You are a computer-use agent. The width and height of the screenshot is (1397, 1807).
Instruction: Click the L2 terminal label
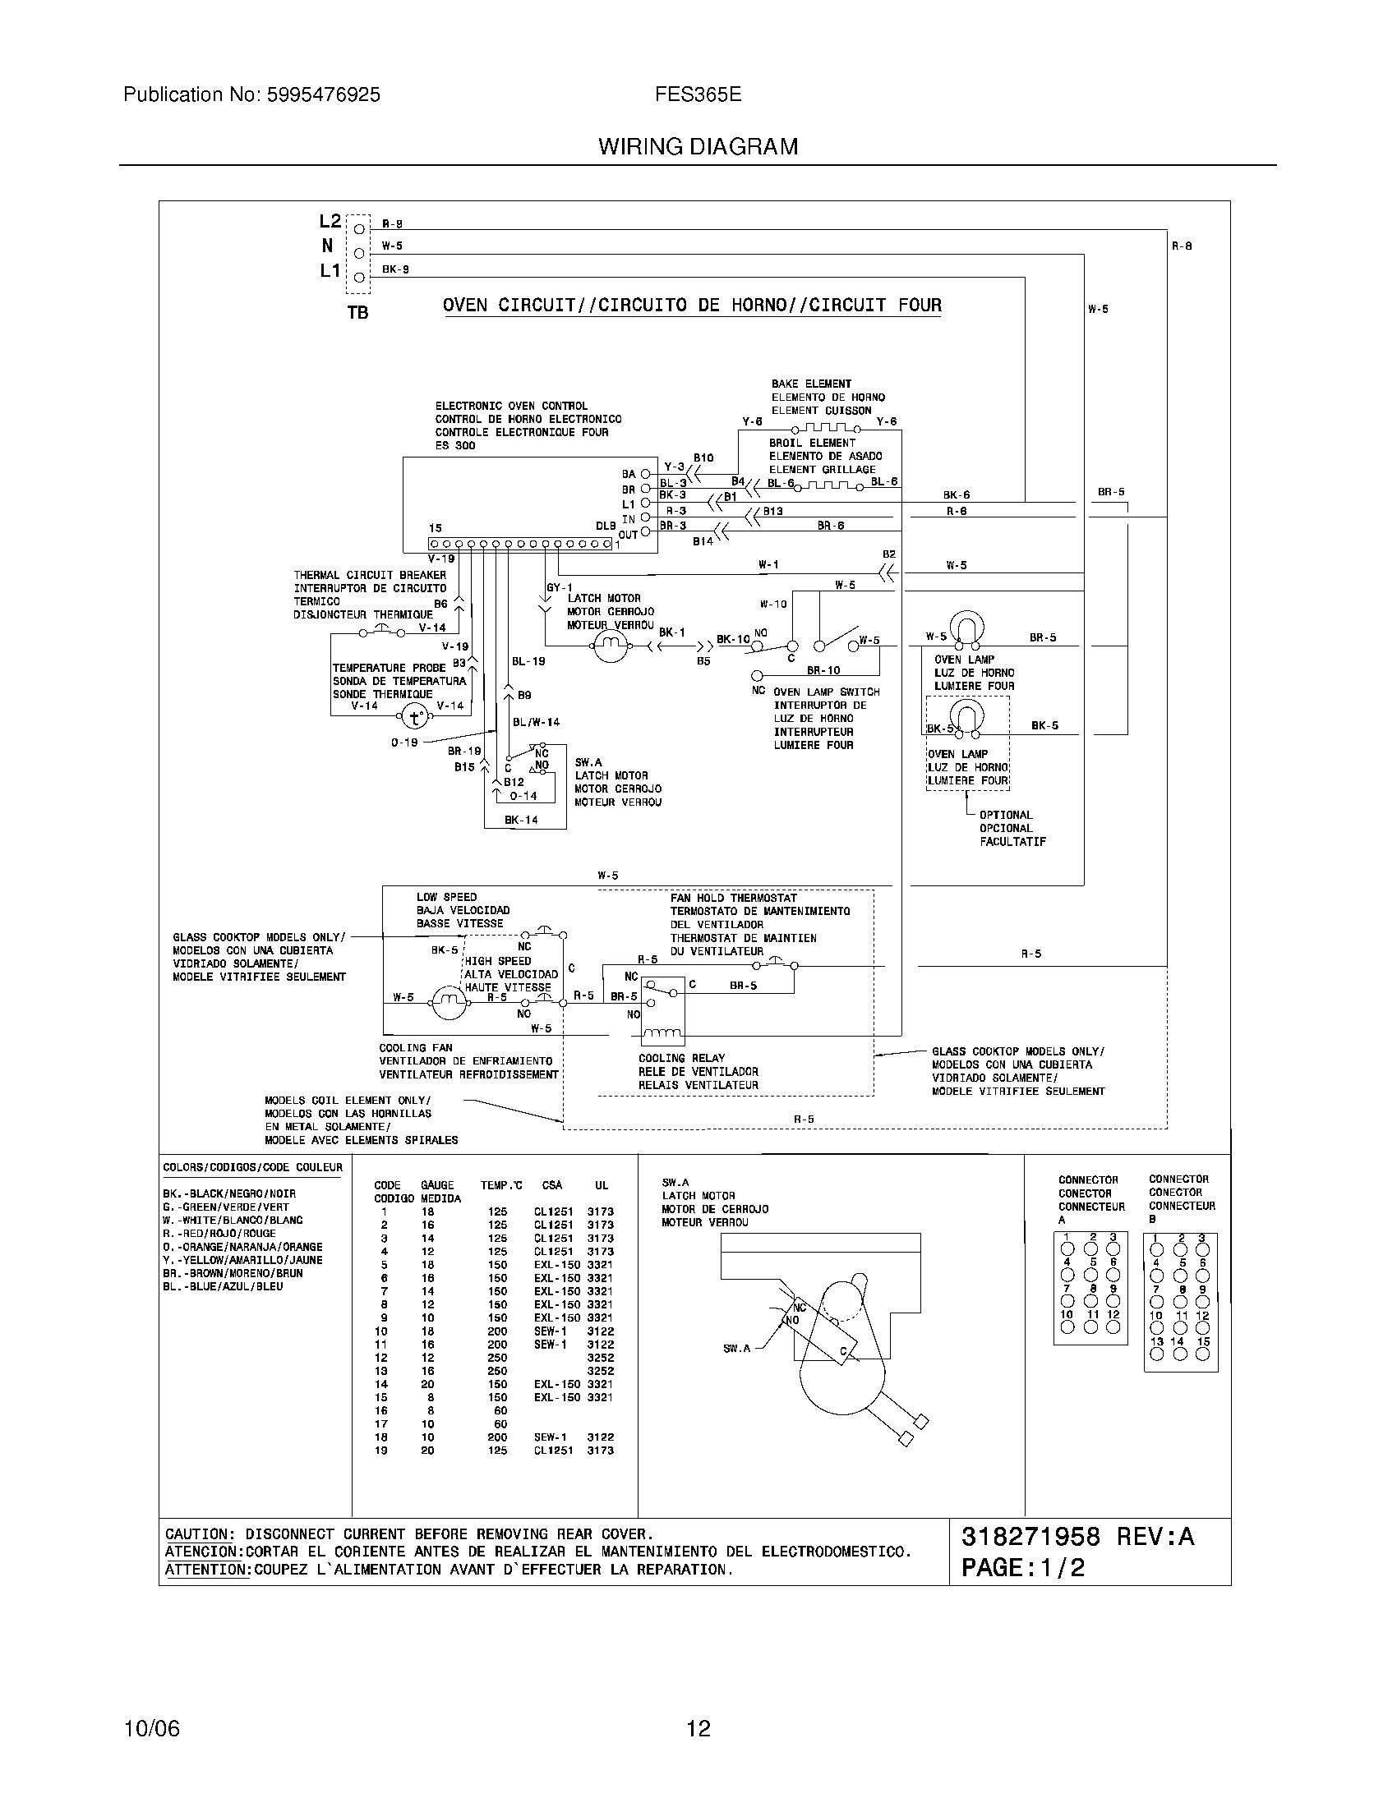tap(330, 221)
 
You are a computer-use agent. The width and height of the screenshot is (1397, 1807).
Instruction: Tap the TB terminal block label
tap(357, 313)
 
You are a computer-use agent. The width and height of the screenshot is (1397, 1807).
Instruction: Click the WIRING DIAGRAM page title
tap(698, 146)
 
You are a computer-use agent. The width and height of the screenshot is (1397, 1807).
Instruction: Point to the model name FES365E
tap(698, 95)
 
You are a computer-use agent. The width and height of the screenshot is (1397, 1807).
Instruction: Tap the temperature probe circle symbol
tap(417, 715)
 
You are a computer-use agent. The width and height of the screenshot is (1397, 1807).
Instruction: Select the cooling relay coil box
tap(663, 1011)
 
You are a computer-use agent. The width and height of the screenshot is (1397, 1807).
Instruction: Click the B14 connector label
tap(703, 541)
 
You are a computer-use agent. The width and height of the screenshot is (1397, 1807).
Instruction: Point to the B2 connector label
tap(889, 554)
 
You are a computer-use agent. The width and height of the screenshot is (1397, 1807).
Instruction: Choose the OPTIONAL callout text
tap(1006, 815)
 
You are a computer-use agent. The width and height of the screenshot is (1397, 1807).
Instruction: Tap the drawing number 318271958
tap(1030, 1537)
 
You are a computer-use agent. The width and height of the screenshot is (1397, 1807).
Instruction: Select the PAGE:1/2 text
tap(1023, 1568)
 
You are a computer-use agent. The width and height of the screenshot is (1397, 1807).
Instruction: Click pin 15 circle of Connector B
tap(1202, 1354)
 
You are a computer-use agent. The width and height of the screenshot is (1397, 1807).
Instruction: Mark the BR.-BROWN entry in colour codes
tap(233, 1273)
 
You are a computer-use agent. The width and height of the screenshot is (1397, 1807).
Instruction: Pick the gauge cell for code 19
tap(427, 1451)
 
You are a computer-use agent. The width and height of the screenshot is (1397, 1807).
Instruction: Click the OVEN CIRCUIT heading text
tap(692, 306)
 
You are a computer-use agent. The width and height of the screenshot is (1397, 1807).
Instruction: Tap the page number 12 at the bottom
tap(698, 1728)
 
